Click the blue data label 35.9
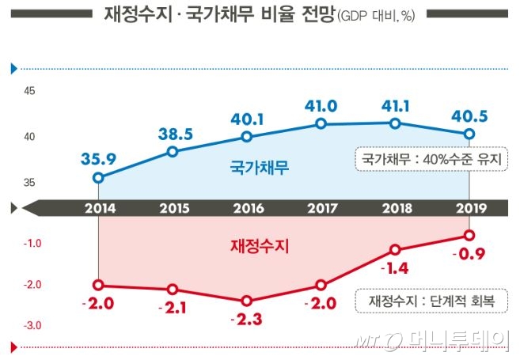point(98,159)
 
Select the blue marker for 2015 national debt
point(173,151)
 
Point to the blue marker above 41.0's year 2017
point(321,123)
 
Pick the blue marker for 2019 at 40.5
point(469,133)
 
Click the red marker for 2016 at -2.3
point(247,301)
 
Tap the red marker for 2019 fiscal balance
point(469,235)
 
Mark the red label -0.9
point(468,255)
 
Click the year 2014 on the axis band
point(98,209)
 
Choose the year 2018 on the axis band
point(395,209)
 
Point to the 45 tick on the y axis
point(29,92)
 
